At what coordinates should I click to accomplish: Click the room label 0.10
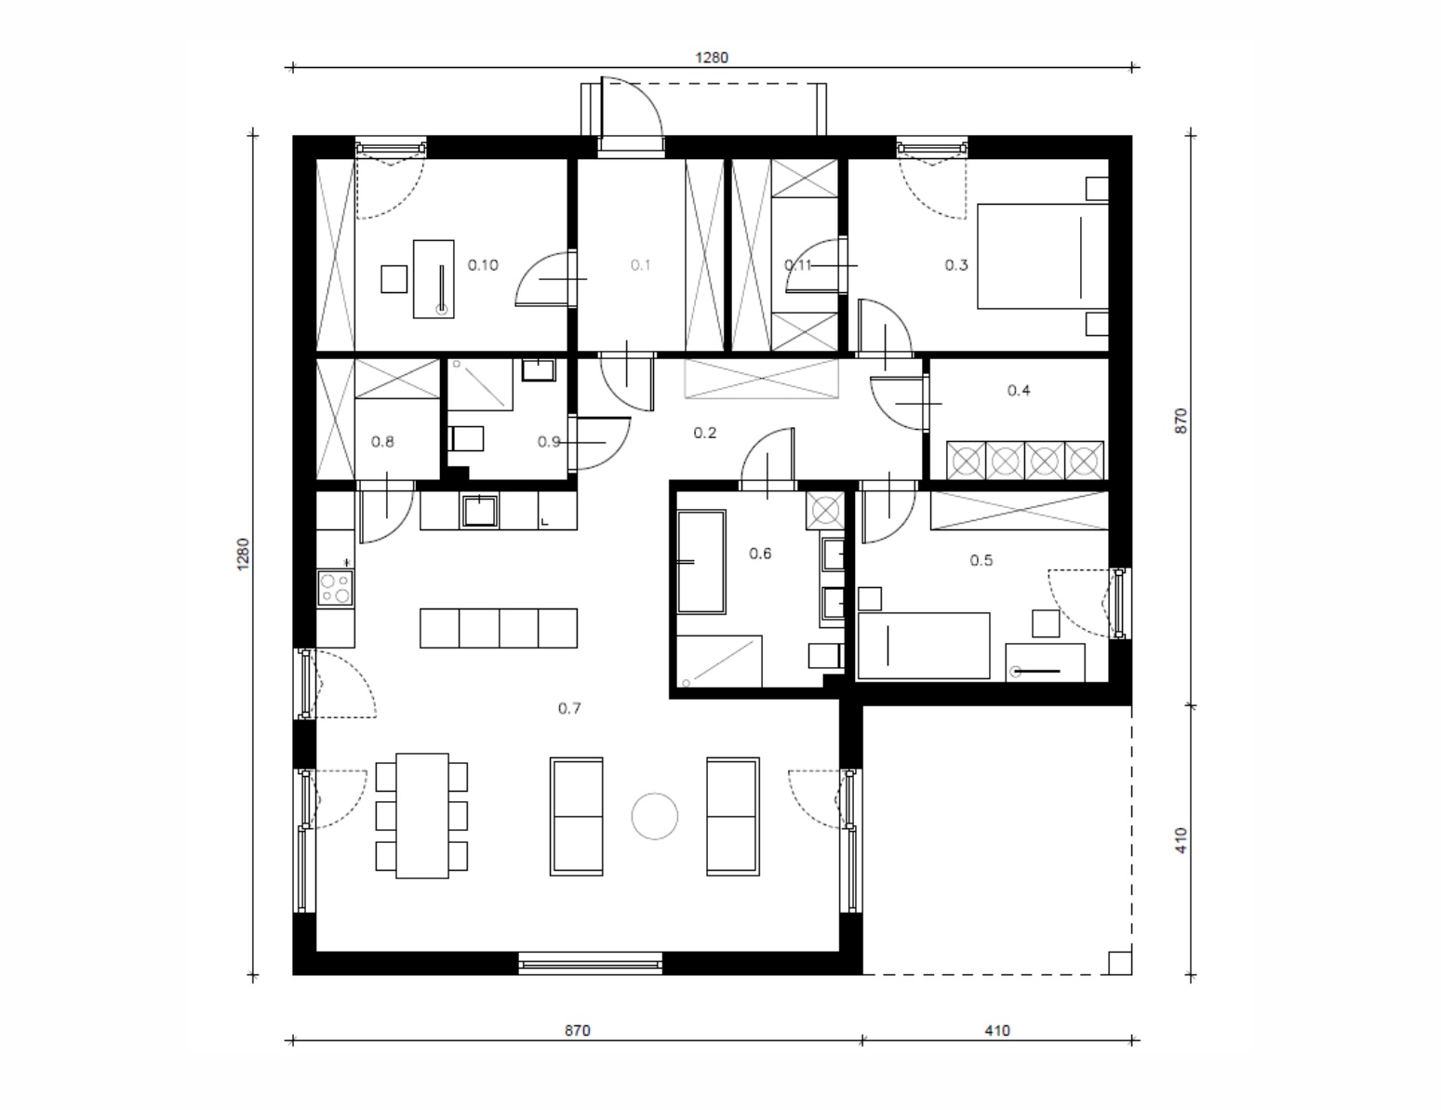tap(483, 265)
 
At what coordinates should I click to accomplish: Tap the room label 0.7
tap(569, 709)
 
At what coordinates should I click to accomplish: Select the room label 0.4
tap(1019, 391)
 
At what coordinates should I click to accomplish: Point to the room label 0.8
tap(382, 442)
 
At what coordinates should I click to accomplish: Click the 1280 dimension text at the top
tap(712, 58)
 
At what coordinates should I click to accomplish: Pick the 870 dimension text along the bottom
tap(578, 1030)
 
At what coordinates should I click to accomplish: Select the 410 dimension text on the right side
tap(1181, 840)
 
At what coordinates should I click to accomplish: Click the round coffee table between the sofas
tap(655, 816)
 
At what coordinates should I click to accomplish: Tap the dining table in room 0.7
tap(422, 816)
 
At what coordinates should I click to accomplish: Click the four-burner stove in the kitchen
tap(335, 588)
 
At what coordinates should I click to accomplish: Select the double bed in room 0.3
tap(1043, 256)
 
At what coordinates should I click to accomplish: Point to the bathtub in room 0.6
tap(700, 562)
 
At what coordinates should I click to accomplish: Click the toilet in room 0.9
tap(466, 438)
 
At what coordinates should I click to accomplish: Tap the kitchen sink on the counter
tap(480, 511)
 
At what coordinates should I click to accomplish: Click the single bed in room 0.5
tap(924, 646)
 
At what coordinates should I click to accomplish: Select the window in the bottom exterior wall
tap(590, 963)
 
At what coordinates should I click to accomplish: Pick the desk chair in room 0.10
tap(394, 279)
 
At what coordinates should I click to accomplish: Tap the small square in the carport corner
tap(1120, 963)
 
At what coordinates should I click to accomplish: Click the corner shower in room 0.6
tap(719, 662)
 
